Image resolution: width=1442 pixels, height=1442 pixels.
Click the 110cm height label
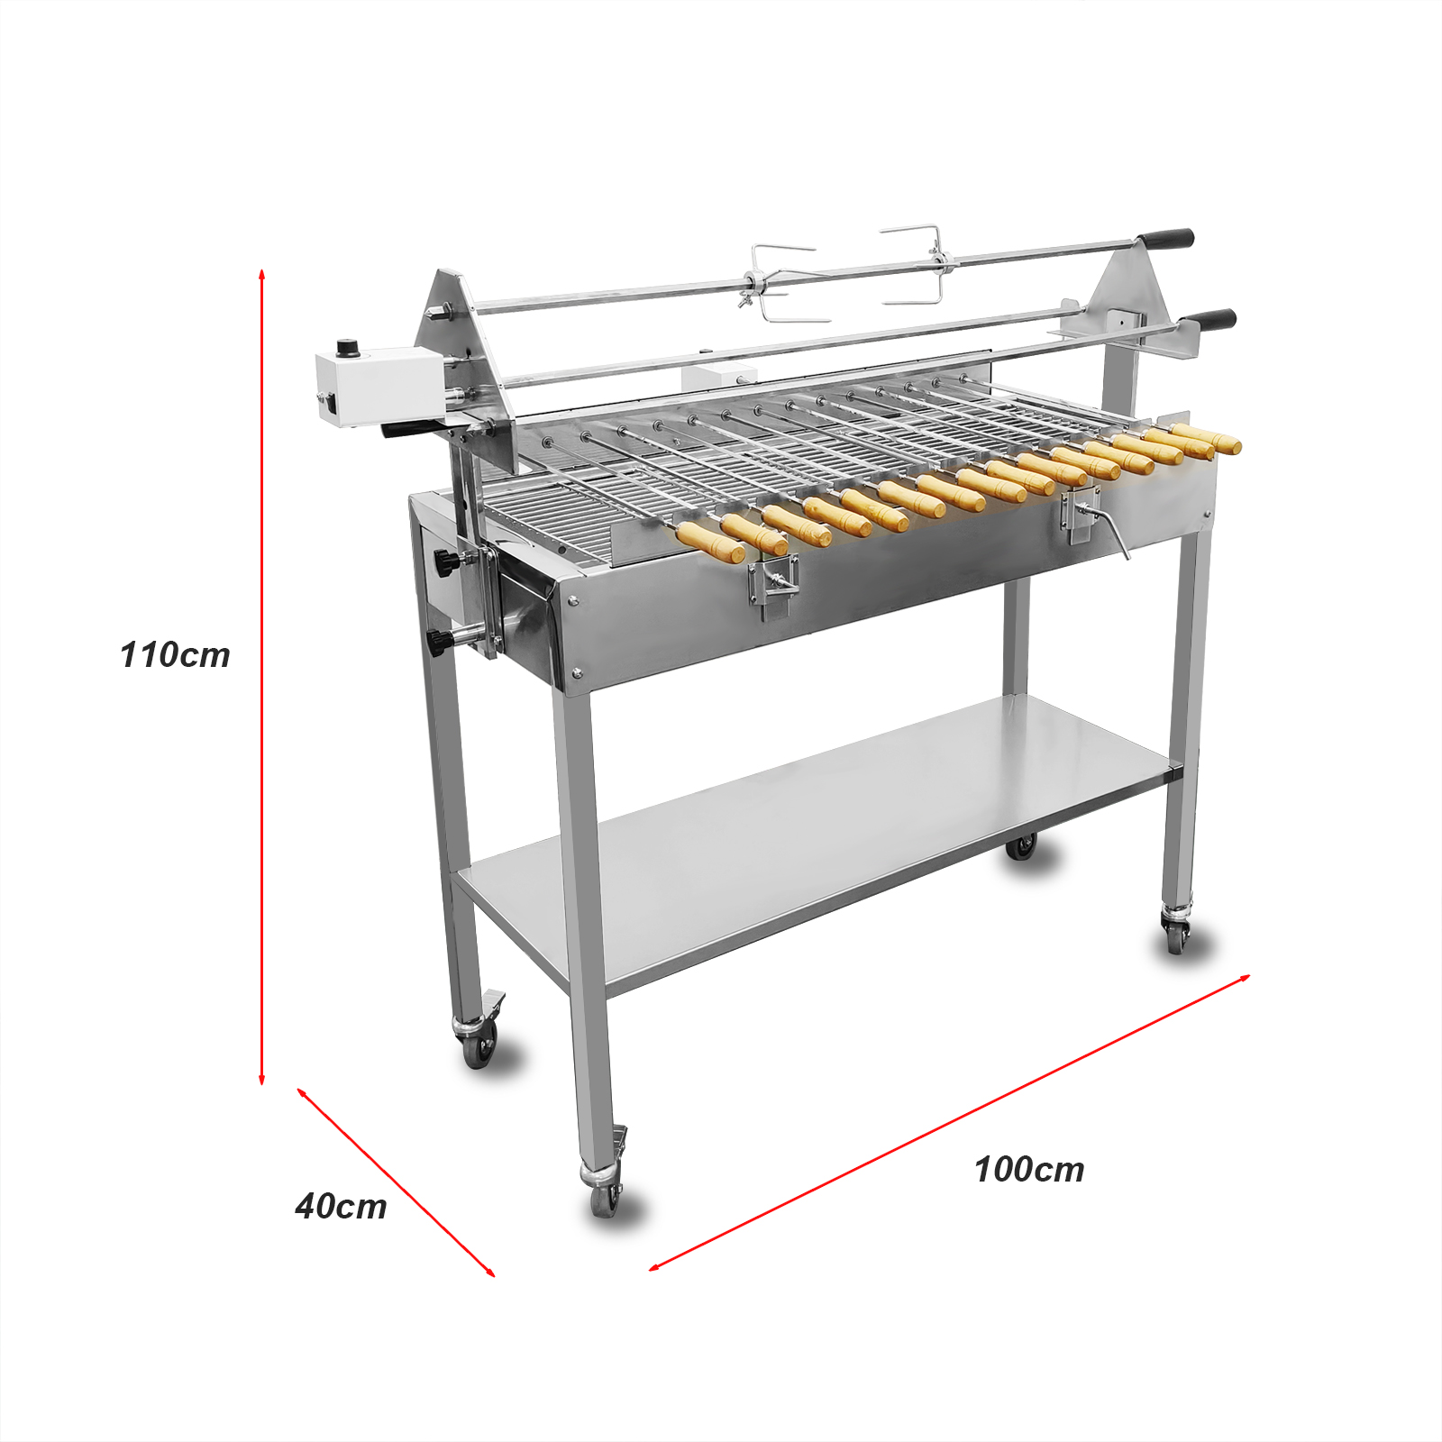click(175, 655)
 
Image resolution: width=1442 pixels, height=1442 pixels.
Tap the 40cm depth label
click(341, 1206)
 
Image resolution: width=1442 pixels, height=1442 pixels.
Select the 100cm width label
click(1029, 1170)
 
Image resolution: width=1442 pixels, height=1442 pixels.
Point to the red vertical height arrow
click(261, 676)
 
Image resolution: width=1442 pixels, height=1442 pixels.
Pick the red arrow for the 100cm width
click(950, 1122)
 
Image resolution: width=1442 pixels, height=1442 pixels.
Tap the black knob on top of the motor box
click(346, 348)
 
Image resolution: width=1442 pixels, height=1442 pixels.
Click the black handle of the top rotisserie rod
click(1164, 240)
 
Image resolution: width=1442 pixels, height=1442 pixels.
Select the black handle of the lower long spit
click(1208, 320)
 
